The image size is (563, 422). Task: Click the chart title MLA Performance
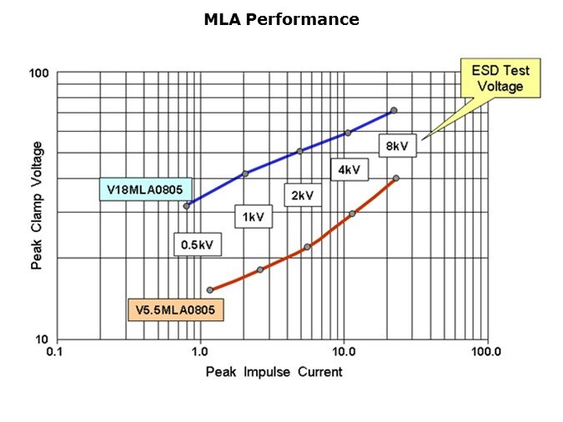pos(281,19)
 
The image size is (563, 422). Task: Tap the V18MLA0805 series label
pos(144,189)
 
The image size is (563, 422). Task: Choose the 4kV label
pos(349,170)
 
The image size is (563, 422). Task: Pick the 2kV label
pos(302,195)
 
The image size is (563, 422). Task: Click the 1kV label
pos(254,217)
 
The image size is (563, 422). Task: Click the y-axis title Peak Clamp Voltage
pos(37,207)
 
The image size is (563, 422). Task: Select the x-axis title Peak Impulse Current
pos(274,371)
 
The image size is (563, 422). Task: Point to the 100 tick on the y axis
pos(39,74)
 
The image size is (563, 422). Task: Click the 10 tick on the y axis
pos(43,339)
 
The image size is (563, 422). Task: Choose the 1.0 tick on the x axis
pos(200,351)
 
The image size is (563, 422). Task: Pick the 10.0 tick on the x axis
pos(344,351)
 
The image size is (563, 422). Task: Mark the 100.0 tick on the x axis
pos(485,351)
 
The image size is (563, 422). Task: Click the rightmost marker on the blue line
pos(394,110)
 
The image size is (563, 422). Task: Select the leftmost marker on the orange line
pos(209,290)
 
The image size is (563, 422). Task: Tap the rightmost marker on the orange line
pos(395,178)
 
